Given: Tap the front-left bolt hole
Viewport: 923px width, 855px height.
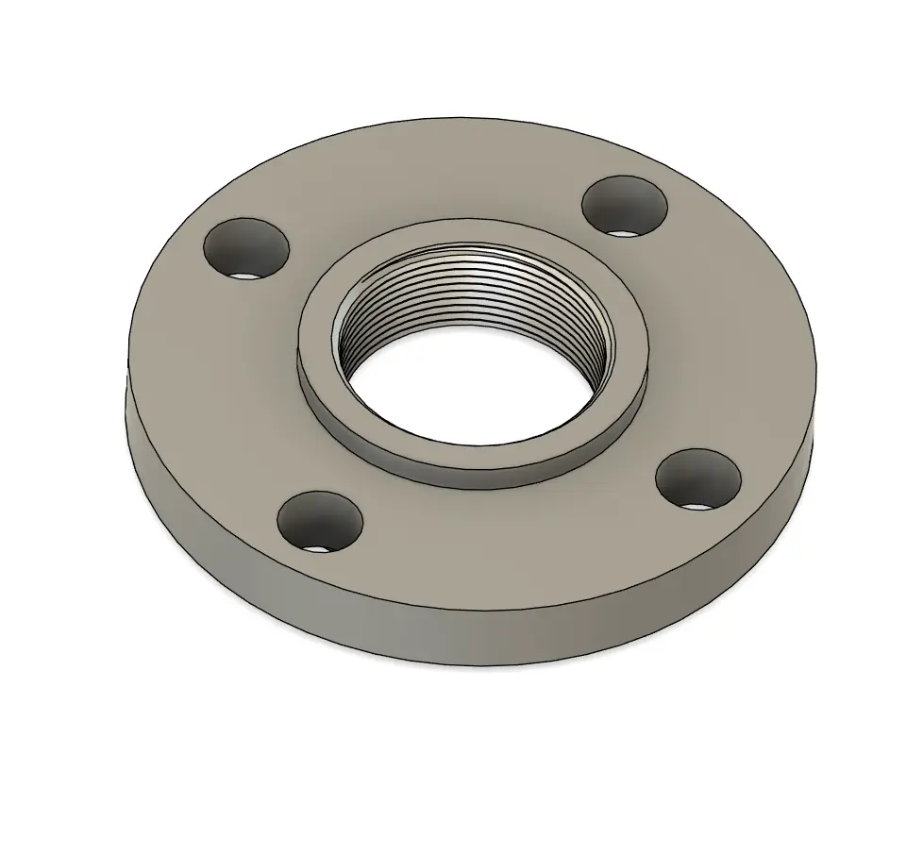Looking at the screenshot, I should pos(320,521).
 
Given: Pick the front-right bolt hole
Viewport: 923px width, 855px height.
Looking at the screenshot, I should pos(697,478).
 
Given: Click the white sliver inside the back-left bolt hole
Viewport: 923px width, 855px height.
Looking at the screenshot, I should pos(244,276).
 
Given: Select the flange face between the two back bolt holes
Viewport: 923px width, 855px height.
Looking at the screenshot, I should pos(425,179).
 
